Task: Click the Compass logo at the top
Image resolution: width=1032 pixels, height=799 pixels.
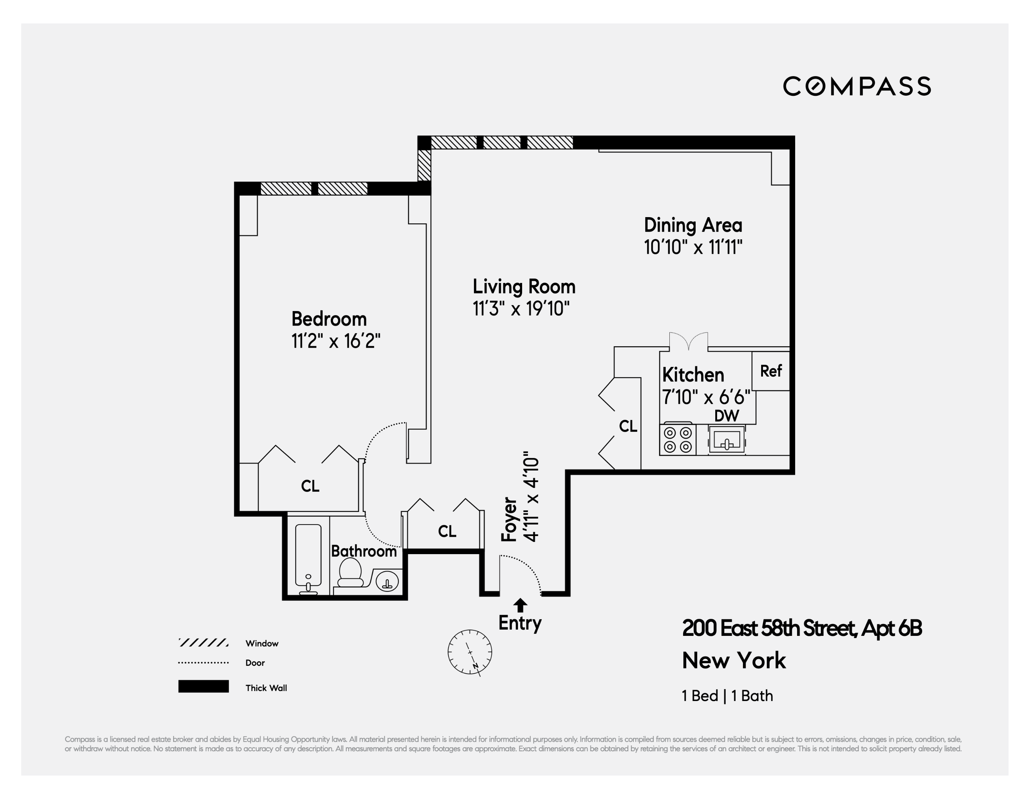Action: (x=857, y=87)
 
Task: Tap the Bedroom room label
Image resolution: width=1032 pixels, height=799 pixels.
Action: (x=329, y=319)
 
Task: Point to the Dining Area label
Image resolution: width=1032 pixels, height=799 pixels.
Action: (x=693, y=225)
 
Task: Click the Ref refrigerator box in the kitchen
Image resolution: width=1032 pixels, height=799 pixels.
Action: (x=771, y=371)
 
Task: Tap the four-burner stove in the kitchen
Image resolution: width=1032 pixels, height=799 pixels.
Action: (x=678, y=439)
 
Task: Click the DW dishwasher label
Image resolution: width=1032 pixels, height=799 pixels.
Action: (x=727, y=416)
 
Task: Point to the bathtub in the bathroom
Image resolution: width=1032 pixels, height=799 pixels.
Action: (x=308, y=555)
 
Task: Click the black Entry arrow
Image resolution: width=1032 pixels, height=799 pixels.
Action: (x=520, y=605)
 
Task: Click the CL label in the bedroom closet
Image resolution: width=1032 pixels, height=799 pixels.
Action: (x=310, y=486)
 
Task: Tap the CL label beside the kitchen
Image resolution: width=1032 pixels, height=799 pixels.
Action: (x=628, y=426)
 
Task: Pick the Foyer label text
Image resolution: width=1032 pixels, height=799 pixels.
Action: (x=509, y=519)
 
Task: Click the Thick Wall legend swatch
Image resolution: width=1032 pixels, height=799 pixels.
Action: (x=203, y=686)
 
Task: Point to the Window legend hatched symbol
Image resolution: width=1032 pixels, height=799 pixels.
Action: (x=203, y=643)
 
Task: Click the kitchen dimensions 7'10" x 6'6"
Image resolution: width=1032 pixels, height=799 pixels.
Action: (x=706, y=397)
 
